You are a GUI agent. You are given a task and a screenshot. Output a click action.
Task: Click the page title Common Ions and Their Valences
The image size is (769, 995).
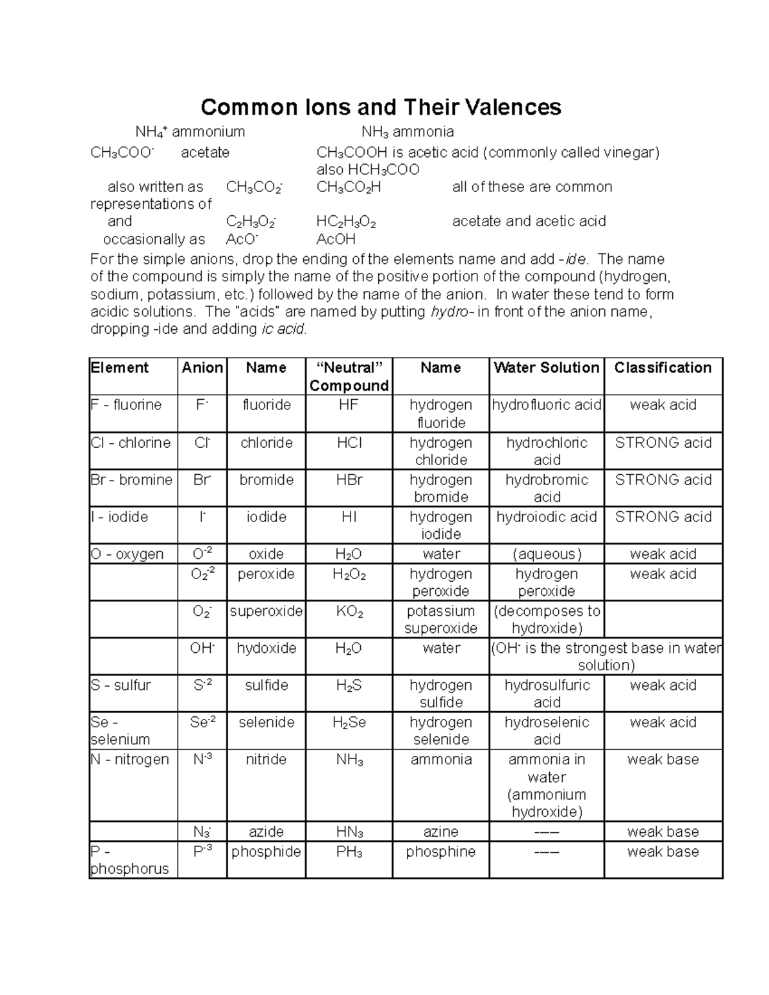381,107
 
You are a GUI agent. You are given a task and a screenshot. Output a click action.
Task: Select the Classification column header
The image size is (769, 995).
663,368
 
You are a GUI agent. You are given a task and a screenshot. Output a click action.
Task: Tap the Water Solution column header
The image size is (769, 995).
546,368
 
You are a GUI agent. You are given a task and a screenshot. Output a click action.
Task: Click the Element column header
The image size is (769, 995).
120,368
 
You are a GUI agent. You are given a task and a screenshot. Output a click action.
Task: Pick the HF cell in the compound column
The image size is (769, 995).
349,405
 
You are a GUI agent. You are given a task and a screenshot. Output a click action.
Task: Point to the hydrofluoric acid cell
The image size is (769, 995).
546,405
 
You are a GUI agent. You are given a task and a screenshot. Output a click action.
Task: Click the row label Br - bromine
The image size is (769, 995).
131,480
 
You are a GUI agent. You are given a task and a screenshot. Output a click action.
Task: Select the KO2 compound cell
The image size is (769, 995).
349,611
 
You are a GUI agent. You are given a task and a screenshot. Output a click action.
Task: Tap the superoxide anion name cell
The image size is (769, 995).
266,611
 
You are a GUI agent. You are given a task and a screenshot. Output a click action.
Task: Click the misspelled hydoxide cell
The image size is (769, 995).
266,648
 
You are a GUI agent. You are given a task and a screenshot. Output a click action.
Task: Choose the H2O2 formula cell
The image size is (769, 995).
349,574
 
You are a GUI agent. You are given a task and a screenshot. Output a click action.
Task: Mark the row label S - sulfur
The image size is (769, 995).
121,685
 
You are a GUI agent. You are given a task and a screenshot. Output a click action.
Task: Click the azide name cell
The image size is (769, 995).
266,832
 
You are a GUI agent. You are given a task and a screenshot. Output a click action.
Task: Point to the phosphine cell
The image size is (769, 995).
440,851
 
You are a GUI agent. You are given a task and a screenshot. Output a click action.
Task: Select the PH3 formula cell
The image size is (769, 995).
349,853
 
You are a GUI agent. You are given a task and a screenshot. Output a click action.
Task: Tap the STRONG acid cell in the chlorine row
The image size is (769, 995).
663,443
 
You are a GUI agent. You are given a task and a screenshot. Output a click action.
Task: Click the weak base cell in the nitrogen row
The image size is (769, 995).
663,759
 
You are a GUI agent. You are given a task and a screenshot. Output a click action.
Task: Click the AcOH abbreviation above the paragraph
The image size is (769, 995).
336,239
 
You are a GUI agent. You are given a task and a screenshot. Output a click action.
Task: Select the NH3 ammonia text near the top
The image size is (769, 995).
408,132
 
